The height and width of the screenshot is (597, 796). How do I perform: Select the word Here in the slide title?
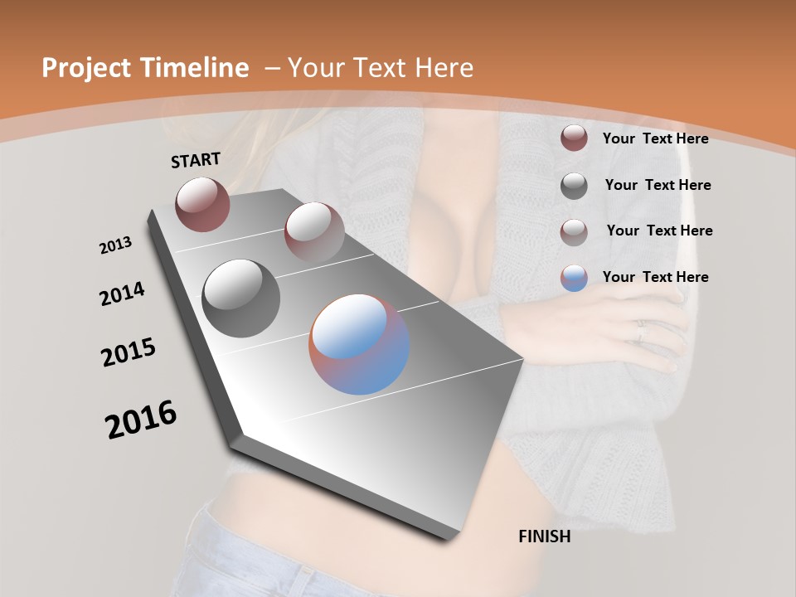click(x=444, y=68)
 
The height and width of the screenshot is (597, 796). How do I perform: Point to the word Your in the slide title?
click(x=315, y=68)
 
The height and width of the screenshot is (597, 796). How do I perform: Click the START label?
click(x=196, y=160)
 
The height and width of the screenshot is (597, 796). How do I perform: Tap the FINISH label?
click(x=544, y=536)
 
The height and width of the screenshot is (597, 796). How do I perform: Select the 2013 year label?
click(x=116, y=245)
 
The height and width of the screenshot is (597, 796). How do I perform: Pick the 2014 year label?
click(x=122, y=294)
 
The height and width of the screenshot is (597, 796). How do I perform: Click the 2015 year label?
click(x=129, y=352)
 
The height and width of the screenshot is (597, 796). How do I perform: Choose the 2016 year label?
click(x=141, y=420)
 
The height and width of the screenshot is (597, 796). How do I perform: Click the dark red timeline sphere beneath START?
click(x=202, y=204)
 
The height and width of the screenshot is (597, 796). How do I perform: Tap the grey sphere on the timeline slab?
click(x=241, y=298)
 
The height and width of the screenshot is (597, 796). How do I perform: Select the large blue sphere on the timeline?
click(x=359, y=344)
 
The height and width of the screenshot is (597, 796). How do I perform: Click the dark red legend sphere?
click(x=574, y=138)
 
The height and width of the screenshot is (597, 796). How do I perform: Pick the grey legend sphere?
click(x=574, y=185)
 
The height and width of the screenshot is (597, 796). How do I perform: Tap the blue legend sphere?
click(x=574, y=278)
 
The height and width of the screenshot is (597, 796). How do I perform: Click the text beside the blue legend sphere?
click(x=655, y=277)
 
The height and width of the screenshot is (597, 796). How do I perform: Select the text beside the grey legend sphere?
click(x=658, y=185)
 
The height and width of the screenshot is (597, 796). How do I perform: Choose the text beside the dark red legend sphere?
click(x=655, y=138)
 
